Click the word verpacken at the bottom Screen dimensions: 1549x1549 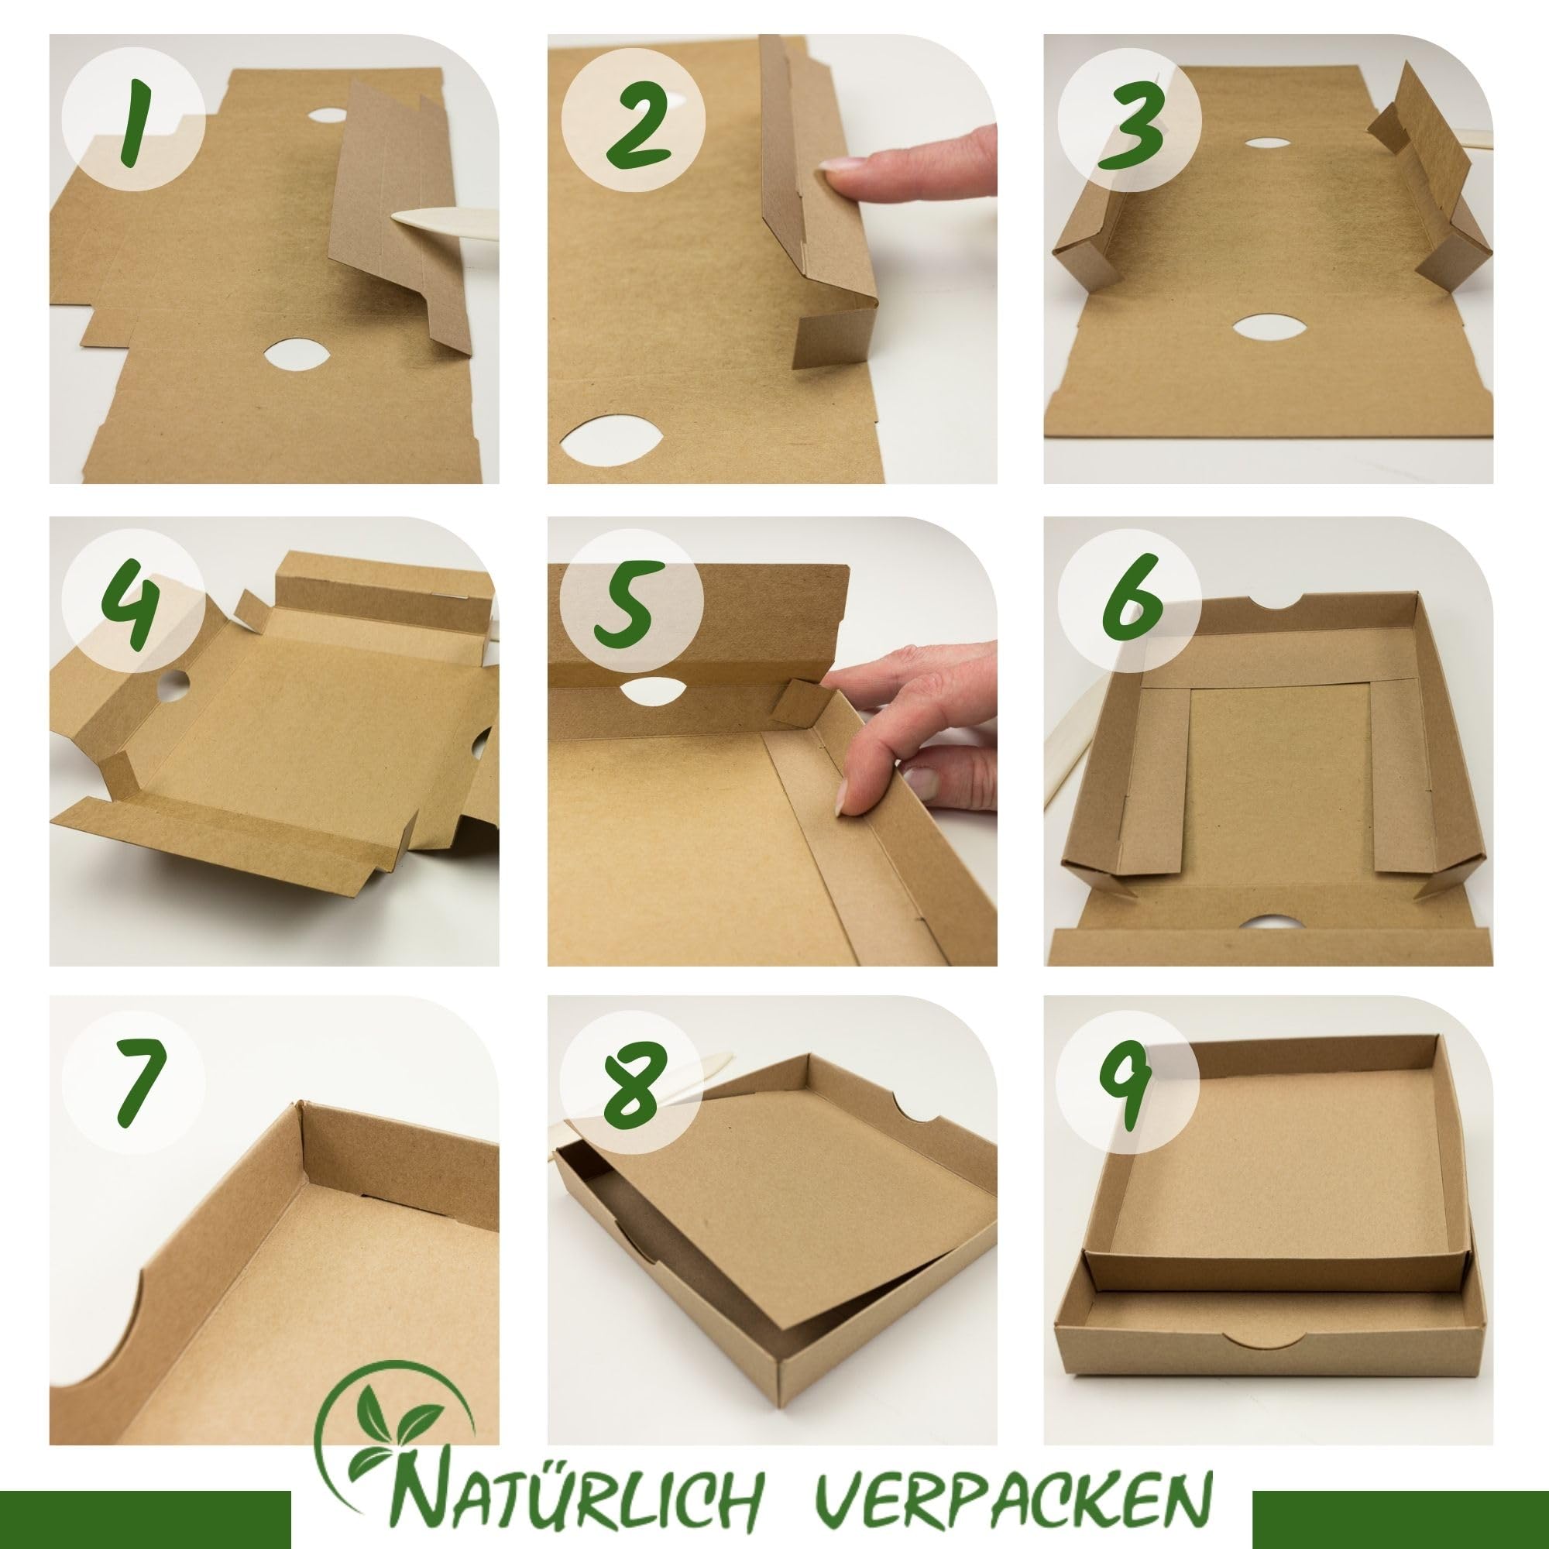[x=1007, y=1489]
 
